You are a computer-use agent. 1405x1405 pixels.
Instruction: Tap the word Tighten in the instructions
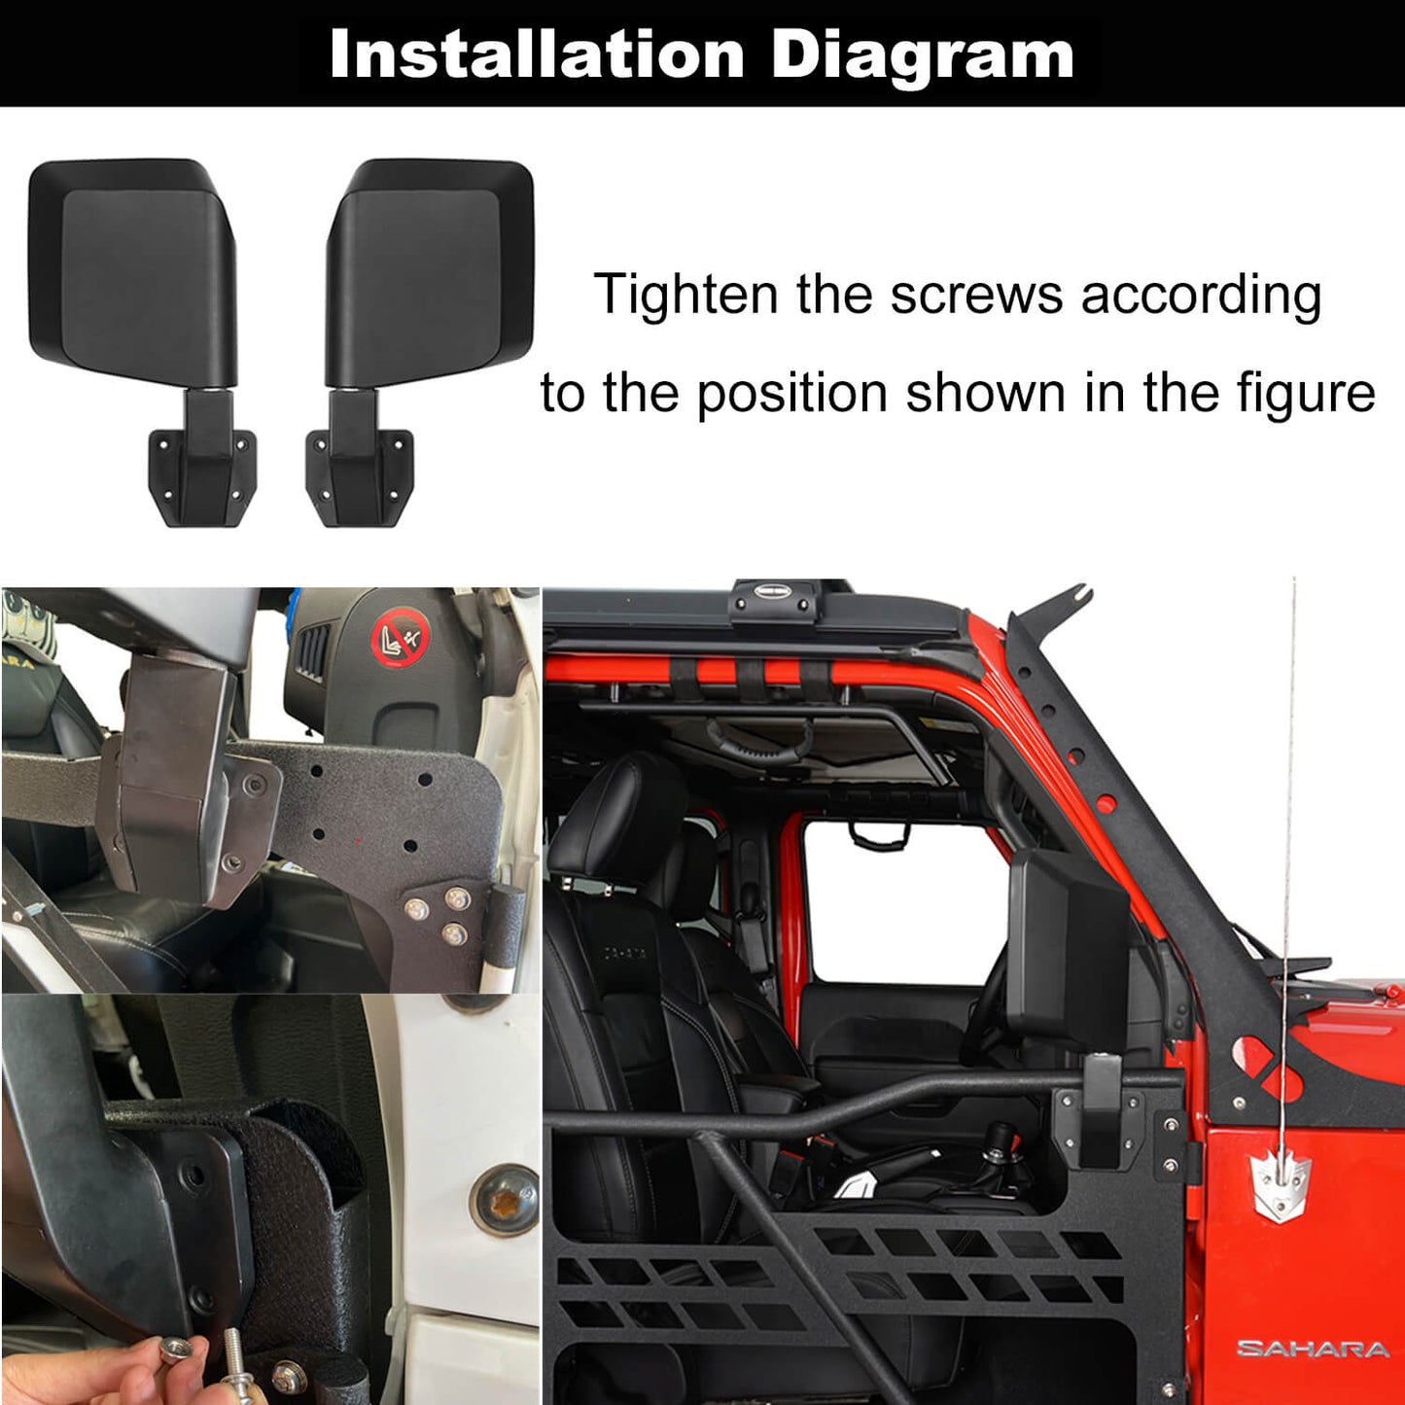pyautogui.click(x=685, y=296)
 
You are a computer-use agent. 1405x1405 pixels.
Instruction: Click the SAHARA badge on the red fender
pyautogui.click(x=1313, y=1349)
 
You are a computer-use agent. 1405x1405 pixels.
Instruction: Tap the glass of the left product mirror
pyautogui.click(x=138, y=277)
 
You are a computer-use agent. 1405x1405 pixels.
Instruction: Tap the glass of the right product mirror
pyautogui.click(x=424, y=277)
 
